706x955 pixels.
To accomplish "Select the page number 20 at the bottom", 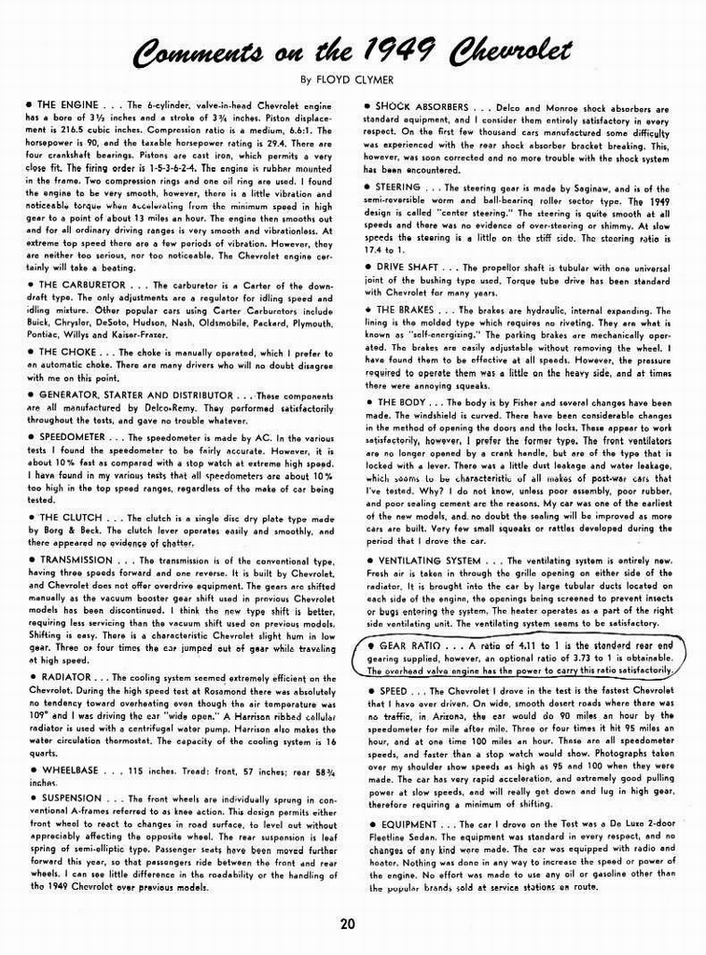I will [x=347, y=925].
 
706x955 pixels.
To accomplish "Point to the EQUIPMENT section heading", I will [x=409, y=825].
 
